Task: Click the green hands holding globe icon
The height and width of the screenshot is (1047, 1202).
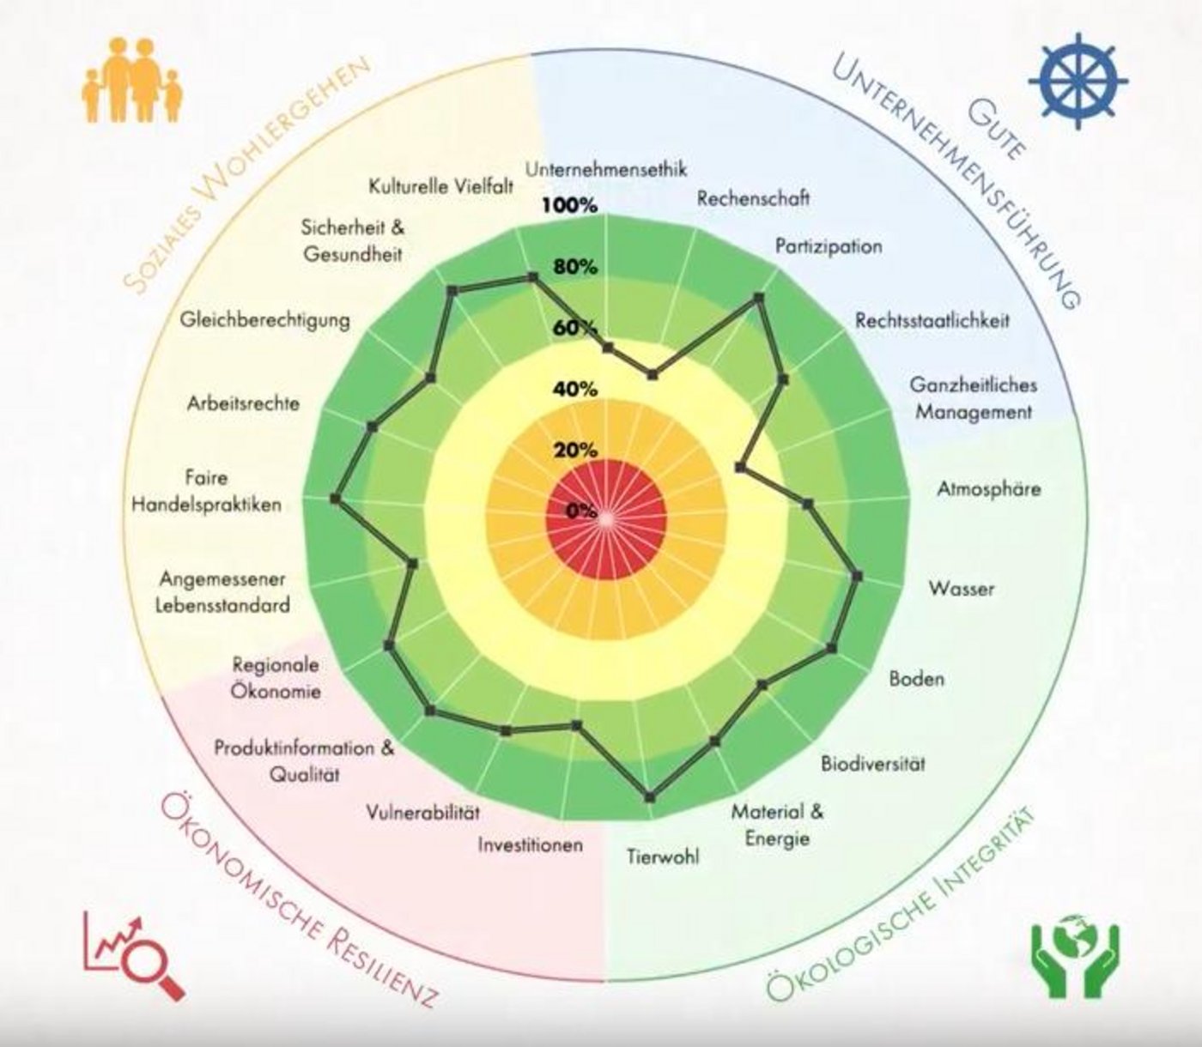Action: (x=1074, y=959)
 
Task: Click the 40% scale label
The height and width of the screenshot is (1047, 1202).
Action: (x=574, y=390)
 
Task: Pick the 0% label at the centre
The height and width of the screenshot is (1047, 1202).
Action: (x=581, y=511)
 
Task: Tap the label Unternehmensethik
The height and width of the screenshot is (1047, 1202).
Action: (x=606, y=169)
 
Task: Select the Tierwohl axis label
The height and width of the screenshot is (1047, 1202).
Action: (x=662, y=856)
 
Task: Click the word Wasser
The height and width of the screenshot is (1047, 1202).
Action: (x=961, y=589)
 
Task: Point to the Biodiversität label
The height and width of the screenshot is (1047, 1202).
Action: (x=872, y=763)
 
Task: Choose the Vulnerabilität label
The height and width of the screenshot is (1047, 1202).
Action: (x=422, y=812)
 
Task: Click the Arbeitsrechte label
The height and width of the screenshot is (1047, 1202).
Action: (x=243, y=402)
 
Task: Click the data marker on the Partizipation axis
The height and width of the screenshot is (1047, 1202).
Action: (x=758, y=298)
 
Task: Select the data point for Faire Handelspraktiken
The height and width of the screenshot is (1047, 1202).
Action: (x=336, y=499)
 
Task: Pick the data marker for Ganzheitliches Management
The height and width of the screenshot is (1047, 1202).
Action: (x=740, y=467)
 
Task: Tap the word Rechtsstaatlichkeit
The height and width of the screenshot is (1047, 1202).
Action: (x=932, y=320)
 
